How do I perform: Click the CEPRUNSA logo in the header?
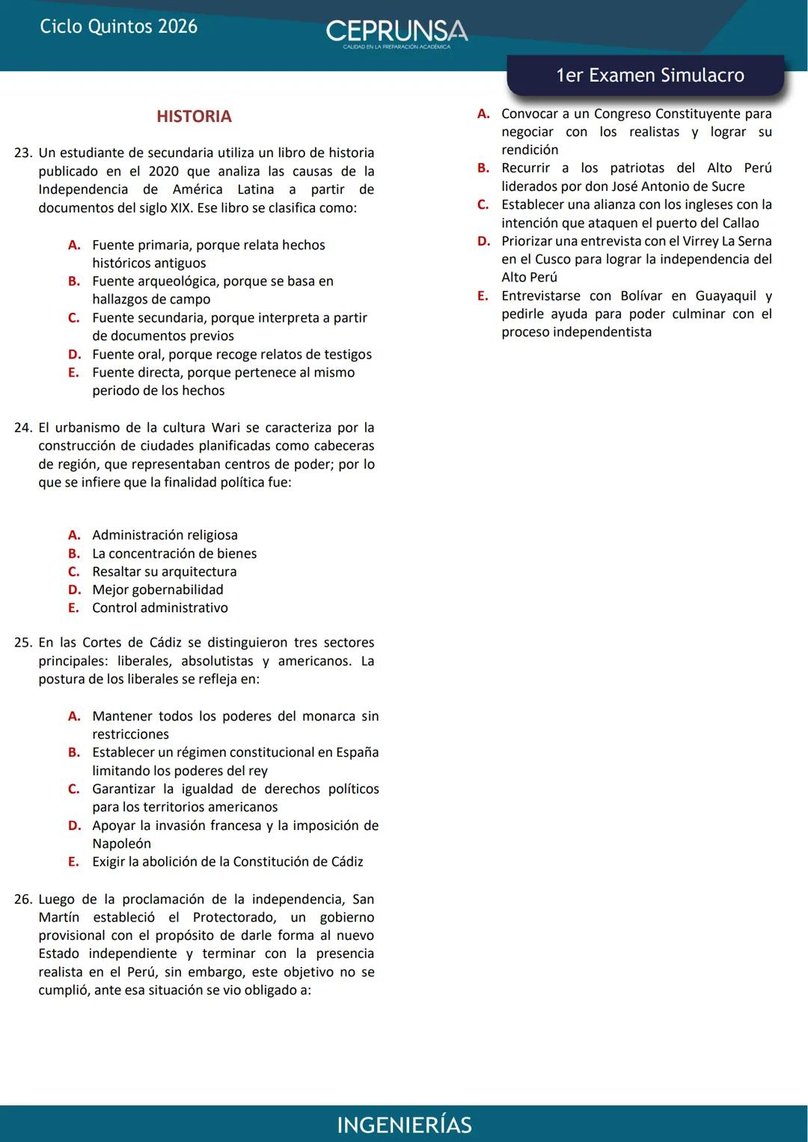click(397, 32)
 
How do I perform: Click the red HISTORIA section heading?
click(194, 116)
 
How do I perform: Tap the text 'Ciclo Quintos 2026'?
click(118, 27)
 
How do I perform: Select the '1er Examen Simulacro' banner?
click(649, 75)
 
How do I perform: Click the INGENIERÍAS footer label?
click(404, 1125)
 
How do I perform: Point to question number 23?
click(23, 153)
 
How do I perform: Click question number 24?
click(23, 428)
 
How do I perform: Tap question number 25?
click(23, 643)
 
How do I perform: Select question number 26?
click(23, 900)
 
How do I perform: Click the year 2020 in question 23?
click(163, 171)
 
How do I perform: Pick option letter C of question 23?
click(74, 317)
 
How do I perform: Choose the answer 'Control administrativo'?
click(160, 608)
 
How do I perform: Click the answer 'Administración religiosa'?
click(165, 535)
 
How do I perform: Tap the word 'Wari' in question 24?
click(226, 428)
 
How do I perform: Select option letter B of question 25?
click(74, 752)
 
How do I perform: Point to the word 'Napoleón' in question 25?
click(121, 843)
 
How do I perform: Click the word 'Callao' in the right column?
click(741, 223)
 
